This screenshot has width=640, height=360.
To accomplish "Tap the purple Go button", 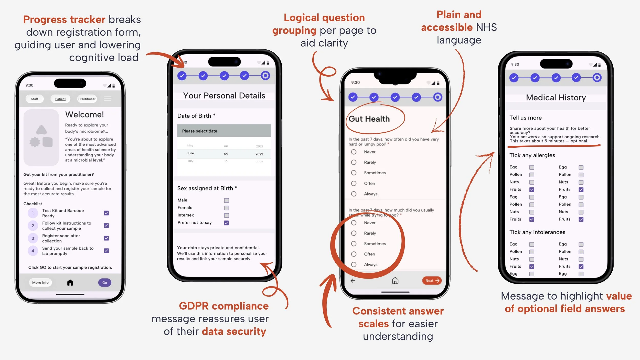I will pyautogui.click(x=104, y=283).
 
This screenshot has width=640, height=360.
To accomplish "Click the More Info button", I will pyautogui.click(x=40, y=283).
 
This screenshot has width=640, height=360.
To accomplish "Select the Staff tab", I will pyautogui.click(x=35, y=99).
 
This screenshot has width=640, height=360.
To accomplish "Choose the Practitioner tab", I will pyautogui.click(x=87, y=99).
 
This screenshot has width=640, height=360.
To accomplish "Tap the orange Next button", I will pyautogui.click(x=432, y=281).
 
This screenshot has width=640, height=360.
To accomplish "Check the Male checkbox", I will pyautogui.click(x=226, y=200).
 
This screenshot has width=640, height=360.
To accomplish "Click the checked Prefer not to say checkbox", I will pyautogui.click(x=226, y=223).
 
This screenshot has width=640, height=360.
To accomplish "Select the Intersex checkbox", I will pyautogui.click(x=226, y=216).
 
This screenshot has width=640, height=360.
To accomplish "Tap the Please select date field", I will pyautogui.click(x=224, y=131).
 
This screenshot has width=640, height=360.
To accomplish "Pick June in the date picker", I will pyautogui.click(x=190, y=153).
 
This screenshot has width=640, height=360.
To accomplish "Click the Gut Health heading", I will pyautogui.click(x=369, y=119).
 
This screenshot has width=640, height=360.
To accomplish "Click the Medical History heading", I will pyautogui.click(x=556, y=98).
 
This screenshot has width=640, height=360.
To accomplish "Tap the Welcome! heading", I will pyautogui.click(x=84, y=115).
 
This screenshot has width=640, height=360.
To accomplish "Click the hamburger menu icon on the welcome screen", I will pyautogui.click(x=108, y=99).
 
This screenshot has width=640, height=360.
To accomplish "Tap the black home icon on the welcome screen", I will pyautogui.click(x=70, y=283).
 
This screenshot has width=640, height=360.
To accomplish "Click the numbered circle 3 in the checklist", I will pyautogui.click(x=33, y=238).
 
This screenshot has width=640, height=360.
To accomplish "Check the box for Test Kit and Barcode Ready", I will pyautogui.click(x=106, y=213).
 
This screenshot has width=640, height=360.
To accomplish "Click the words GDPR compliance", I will pyautogui.click(x=224, y=306).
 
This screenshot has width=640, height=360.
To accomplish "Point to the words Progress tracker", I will pyautogui.click(x=64, y=20).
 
